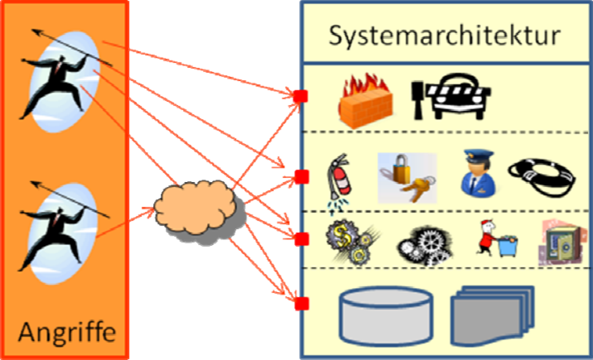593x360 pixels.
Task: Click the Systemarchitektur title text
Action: (x=445, y=36)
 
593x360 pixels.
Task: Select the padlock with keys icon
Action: (x=406, y=176)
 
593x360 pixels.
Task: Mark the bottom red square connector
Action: (x=301, y=303)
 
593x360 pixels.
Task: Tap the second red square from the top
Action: (x=301, y=175)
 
